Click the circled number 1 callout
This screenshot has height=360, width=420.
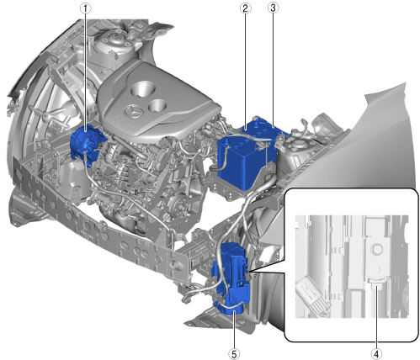pyautogui.click(x=86, y=8)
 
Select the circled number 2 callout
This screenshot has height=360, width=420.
pyautogui.click(x=246, y=8)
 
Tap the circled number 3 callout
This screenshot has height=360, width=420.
pyautogui.click(x=273, y=8)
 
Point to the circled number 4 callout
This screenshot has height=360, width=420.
pyautogui.click(x=376, y=354)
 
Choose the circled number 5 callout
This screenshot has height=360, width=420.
pyautogui.click(x=234, y=354)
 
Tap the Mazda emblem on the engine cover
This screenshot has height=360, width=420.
pyautogui.click(x=134, y=112)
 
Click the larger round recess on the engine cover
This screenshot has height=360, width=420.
pyautogui.click(x=143, y=89)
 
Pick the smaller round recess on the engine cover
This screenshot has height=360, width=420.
pyautogui.click(x=157, y=105)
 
